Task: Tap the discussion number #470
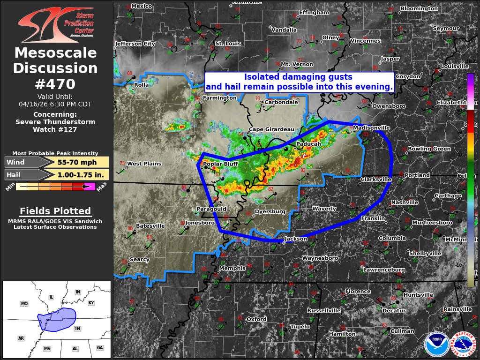pyautogui.click(x=55, y=84)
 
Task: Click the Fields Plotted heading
pyautogui.click(x=55, y=211)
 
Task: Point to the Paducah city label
pyautogui.click(x=308, y=144)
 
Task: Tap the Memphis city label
pyautogui.click(x=232, y=268)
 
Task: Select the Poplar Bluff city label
pyautogui.click(x=221, y=164)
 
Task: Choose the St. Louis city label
pyautogui.click(x=228, y=43)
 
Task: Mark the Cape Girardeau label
pyautogui.click(x=271, y=129)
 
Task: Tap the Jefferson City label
pyautogui.click(x=135, y=44)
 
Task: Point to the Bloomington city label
pyautogui.click(x=419, y=8)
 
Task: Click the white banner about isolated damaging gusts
pyautogui.click(x=299, y=82)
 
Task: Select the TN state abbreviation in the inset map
pyautogui.click(x=77, y=329)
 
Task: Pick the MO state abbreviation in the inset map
pyautogui.click(x=24, y=304)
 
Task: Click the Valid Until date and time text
pyautogui.click(x=55, y=100)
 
